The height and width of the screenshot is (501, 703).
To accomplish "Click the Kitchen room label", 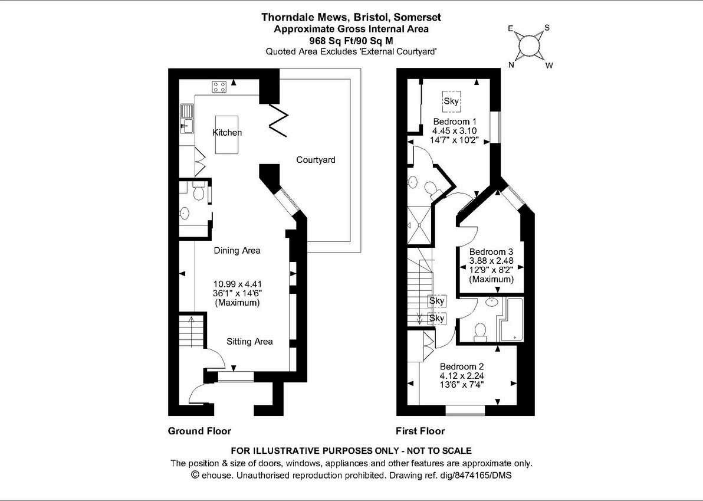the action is [227, 133].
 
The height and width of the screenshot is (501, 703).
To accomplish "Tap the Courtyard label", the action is [316, 160].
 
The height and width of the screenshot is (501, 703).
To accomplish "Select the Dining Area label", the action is [236, 250].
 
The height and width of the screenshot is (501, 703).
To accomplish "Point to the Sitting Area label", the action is [249, 341].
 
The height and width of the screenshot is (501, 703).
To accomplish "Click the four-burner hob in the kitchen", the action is [219, 87].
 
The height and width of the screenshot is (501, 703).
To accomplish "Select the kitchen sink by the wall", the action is [188, 117].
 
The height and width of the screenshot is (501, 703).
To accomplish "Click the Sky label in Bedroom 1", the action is [451, 101].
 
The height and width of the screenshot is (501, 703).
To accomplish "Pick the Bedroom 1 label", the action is [455, 122].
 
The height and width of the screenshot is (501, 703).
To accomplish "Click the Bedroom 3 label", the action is [491, 251].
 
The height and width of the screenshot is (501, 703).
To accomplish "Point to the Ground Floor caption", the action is [199, 431].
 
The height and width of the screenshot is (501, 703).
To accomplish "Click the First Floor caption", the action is [420, 431].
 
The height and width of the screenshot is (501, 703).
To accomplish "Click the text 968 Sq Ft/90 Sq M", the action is [351, 41].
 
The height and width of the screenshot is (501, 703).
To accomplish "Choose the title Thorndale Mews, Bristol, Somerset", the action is [351, 17].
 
